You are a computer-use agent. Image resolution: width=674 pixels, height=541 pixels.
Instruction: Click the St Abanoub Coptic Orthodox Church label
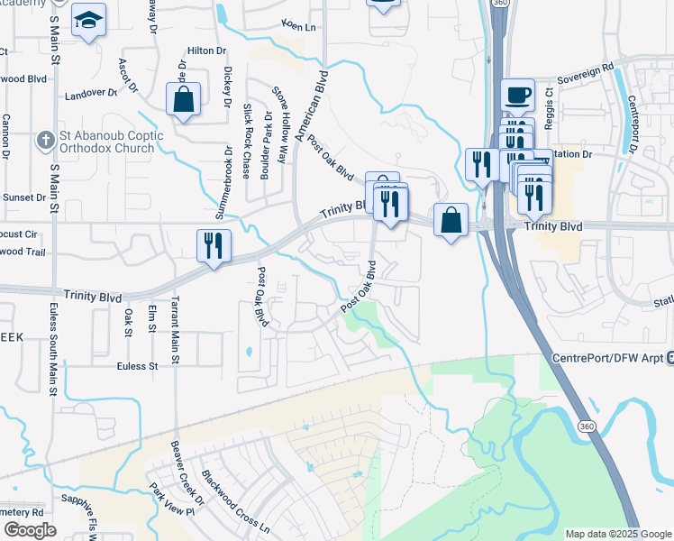(112, 142)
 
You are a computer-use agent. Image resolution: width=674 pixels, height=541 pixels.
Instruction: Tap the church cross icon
(44, 141)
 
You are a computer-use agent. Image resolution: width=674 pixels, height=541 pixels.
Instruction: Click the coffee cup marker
(517, 96)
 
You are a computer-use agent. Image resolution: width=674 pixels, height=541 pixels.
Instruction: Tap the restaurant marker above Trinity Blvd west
(214, 245)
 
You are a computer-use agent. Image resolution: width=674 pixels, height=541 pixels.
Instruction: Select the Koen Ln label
(299, 26)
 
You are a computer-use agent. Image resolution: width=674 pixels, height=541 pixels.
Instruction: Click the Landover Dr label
(91, 93)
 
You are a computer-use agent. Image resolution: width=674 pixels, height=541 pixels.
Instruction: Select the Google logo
(30, 530)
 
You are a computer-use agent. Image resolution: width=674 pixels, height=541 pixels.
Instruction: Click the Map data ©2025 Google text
(617, 534)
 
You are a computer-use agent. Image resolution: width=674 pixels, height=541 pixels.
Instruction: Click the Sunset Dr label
(24, 197)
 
